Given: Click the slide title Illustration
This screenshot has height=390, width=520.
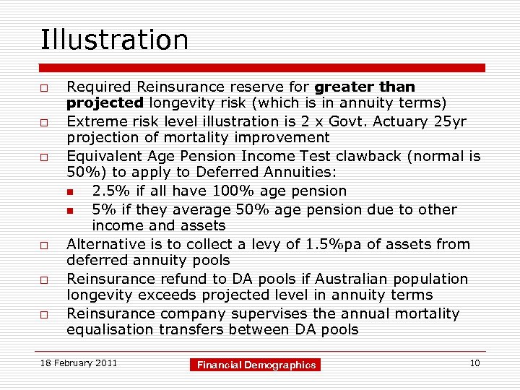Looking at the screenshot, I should [x=114, y=40].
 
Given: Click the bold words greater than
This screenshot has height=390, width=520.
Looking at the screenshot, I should [x=365, y=87].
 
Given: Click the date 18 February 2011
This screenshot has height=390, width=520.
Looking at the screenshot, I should [x=79, y=363].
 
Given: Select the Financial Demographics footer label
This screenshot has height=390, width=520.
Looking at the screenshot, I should [x=257, y=365].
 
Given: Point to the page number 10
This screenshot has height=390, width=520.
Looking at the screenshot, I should [x=474, y=363].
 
